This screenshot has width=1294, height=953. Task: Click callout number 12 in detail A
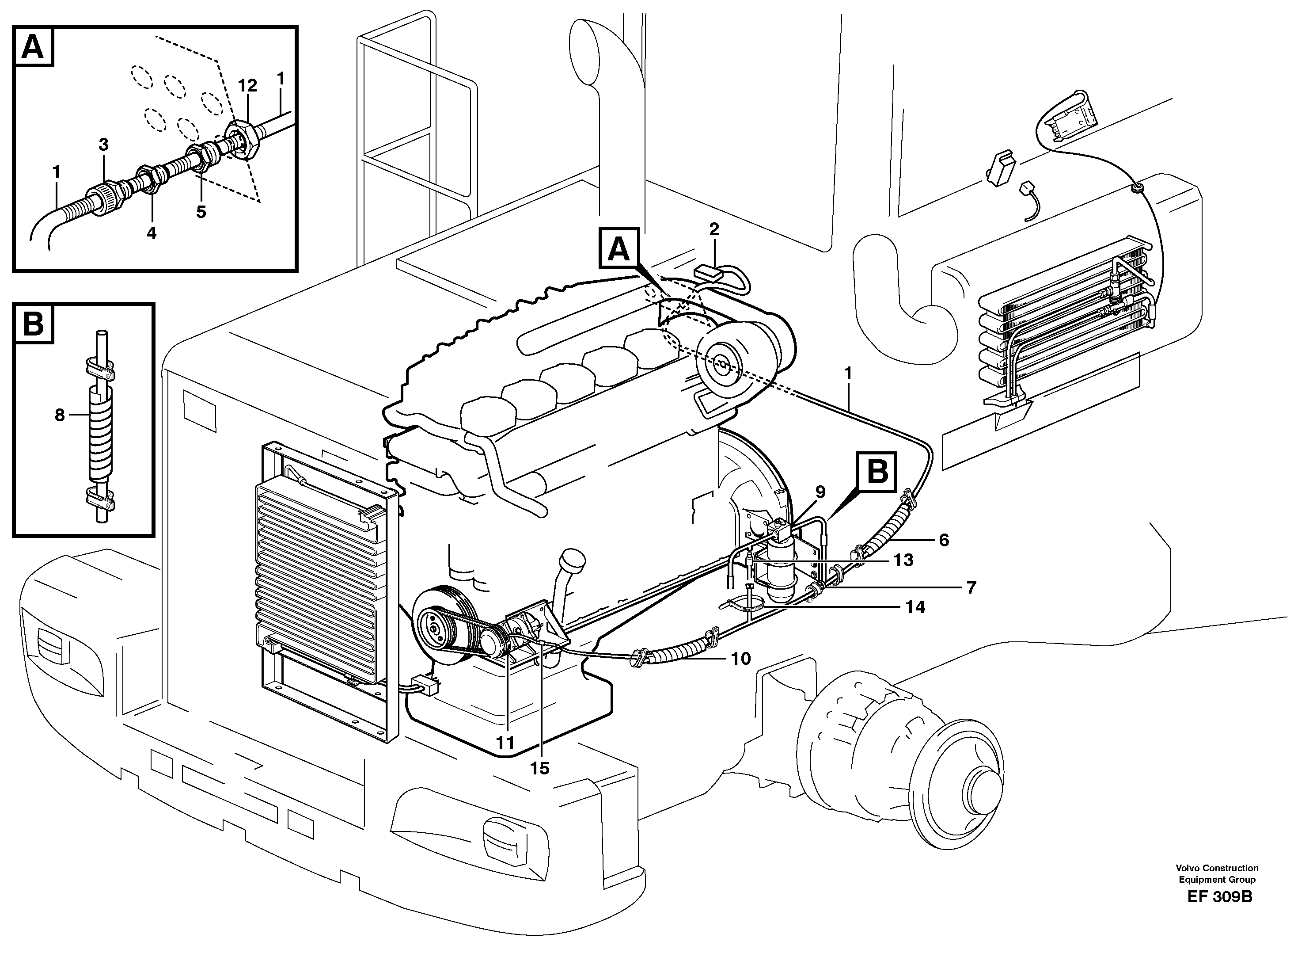(x=247, y=86)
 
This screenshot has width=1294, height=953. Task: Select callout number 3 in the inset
(x=103, y=145)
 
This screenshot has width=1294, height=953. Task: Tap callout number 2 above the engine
(x=714, y=229)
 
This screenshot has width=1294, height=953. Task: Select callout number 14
(x=915, y=607)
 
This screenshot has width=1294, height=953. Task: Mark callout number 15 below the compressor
(x=540, y=768)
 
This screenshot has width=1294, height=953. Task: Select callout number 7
(x=971, y=587)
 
